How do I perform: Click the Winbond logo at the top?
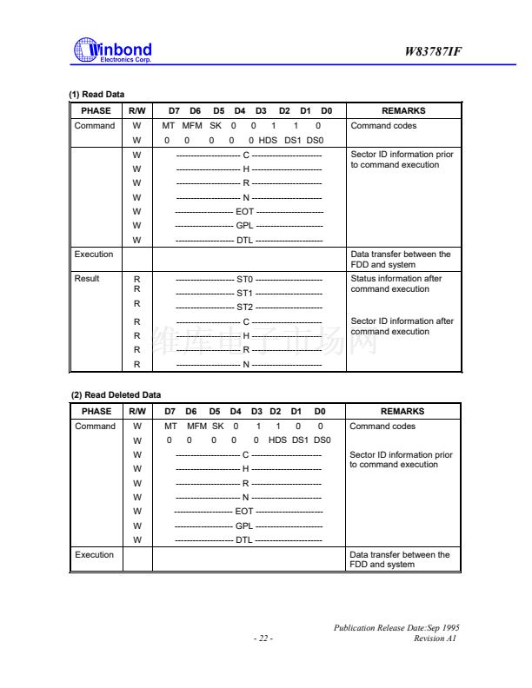pyautogui.click(x=113, y=51)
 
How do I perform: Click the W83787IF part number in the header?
pyautogui.click(x=433, y=52)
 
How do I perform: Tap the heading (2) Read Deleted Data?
pyautogui.click(x=116, y=395)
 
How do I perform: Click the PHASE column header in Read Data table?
pyautogui.click(x=96, y=111)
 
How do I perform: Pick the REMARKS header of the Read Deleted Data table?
pyautogui.click(x=402, y=412)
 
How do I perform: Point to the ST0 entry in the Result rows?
pyautogui.click(x=244, y=280)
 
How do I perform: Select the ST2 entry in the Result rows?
pyautogui.click(x=244, y=307)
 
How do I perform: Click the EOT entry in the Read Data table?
pyautogui.click(x=245, y=211)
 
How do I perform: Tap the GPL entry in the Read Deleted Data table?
pyautogui.click(x=245, y=526)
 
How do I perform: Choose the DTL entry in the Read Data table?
pyautogui.click(x=245, y=240)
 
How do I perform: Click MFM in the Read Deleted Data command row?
pyautogui.click(x=193, y=427)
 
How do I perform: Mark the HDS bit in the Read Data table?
pyautogui.click(x=269, y=140)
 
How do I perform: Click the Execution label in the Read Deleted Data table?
pyautogui.click(x=94, y=554)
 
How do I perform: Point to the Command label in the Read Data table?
pyautogui.click(x=95, y=126)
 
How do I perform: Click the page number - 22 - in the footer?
pyautogui.click(x=263, y=638)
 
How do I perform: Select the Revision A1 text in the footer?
pyautogui.click(x=436, y=638)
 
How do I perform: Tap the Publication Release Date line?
pyautogui.click(x=396, y=627)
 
